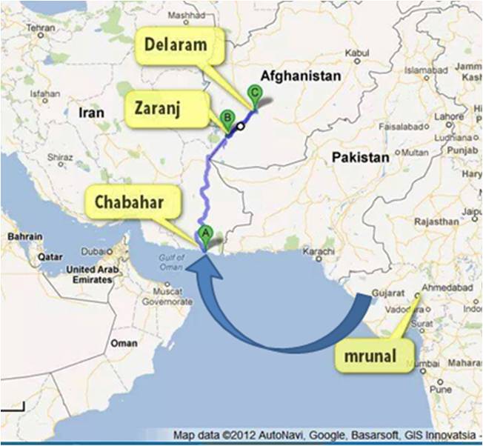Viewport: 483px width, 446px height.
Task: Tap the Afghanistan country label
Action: (299, 76)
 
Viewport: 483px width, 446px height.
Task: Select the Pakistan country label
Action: (359, 157)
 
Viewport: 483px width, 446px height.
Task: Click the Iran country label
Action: (91, 113)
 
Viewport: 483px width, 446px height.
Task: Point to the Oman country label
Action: (125, 344)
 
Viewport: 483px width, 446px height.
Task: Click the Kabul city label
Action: (357, 55)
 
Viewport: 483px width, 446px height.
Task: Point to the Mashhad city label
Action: (186, 15)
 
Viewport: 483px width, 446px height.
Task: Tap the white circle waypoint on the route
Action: (241, 127)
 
